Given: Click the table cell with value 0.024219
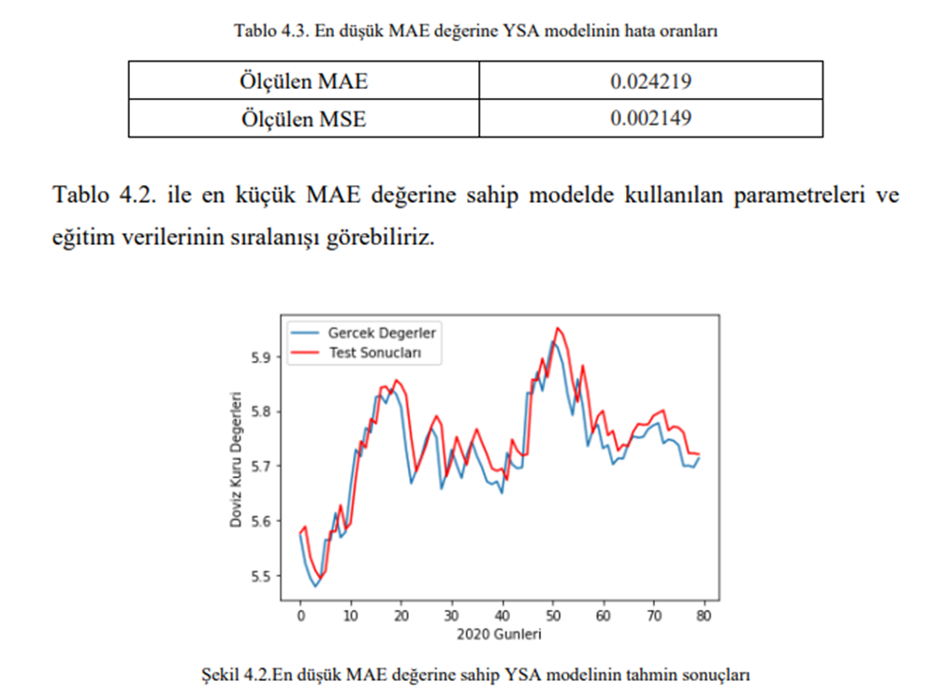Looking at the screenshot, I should click(x=650, y=81).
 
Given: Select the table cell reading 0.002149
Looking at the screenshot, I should click(x=650, y=119).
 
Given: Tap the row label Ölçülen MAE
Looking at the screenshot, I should click(x=303, y=81).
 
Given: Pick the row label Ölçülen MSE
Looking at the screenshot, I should click(x=303, y=119).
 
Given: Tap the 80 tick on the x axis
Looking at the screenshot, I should click(x=704, y=616).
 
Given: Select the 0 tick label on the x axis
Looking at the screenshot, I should click(x=300, y=616).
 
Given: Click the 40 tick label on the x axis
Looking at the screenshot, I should click(x=502, y=616).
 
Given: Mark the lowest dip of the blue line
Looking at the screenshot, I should click(x=315, y=586).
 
